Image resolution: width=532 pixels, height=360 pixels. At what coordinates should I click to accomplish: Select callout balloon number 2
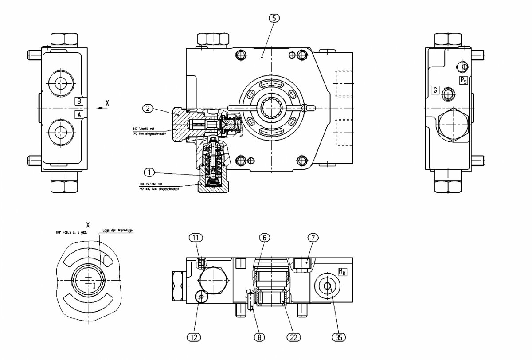[148, 108]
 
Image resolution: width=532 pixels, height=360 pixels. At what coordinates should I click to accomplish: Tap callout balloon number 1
[149, 171]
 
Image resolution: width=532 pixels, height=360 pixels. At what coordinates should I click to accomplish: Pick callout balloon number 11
[196, 238]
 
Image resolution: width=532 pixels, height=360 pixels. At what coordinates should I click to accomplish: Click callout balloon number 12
[194, 337]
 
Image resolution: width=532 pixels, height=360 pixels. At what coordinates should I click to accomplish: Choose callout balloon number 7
[313, 238]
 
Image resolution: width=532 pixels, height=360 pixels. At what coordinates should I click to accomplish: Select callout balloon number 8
[259, 337]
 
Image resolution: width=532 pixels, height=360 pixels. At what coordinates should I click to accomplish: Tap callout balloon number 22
[293, 337]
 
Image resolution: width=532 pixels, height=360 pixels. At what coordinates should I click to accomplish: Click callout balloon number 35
[339, 337]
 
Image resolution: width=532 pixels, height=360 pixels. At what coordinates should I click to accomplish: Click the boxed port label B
[78, 101]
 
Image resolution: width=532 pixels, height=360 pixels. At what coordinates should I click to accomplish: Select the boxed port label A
[78, 114]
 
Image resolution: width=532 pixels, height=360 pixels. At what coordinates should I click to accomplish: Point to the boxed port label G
[435, 90]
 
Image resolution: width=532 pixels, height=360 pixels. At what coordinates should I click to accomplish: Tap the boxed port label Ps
[463, 80]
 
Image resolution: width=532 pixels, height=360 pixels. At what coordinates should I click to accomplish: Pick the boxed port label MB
[343, 271]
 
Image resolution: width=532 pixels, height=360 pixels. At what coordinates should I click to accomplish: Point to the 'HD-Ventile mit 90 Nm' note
[158, 187]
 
